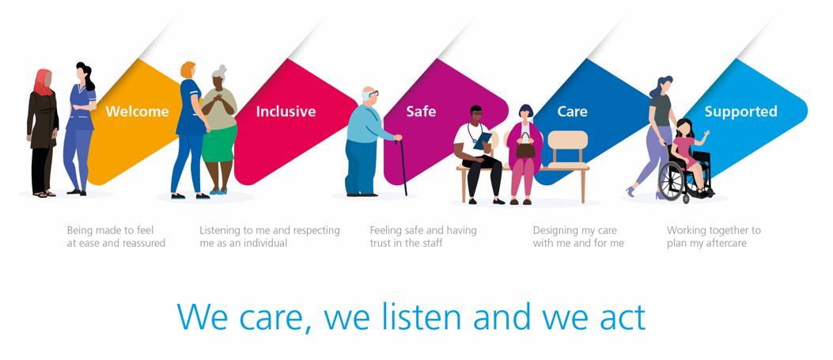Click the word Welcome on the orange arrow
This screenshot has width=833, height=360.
coord(137,112)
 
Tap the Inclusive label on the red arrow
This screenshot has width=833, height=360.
coord(286,112)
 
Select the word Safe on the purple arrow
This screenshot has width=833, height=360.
coord(422,112)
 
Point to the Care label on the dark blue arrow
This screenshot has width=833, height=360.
coord(573,112)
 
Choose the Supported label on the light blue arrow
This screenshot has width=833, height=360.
coord(741,112)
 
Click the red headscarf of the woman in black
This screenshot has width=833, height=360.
coord(43,82)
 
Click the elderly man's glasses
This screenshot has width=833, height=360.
coord(373,93)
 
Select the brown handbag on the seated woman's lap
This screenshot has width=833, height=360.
coord(525,147)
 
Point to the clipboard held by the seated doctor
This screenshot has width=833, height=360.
coord(483,140)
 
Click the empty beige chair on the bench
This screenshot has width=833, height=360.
coord(568,150)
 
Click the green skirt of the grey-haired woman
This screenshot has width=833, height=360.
coord(219,143)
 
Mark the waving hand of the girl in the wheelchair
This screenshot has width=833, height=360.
coord(706,135)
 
